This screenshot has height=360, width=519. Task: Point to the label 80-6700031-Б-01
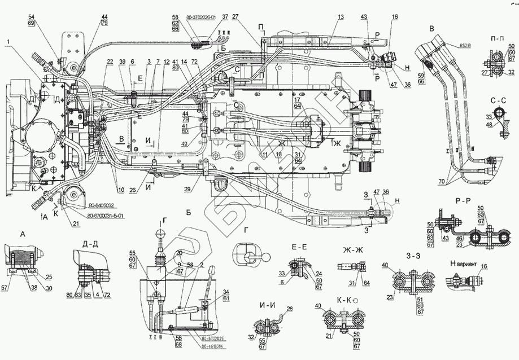tap(106, 216)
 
